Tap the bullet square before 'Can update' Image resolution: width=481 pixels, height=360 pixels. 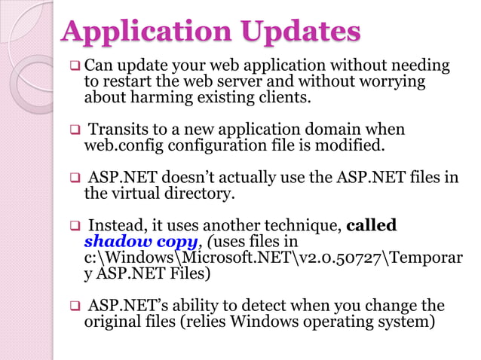75,67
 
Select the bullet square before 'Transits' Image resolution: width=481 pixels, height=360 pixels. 75,130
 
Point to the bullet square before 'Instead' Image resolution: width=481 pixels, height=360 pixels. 75,226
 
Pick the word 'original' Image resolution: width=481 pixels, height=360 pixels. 110,322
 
